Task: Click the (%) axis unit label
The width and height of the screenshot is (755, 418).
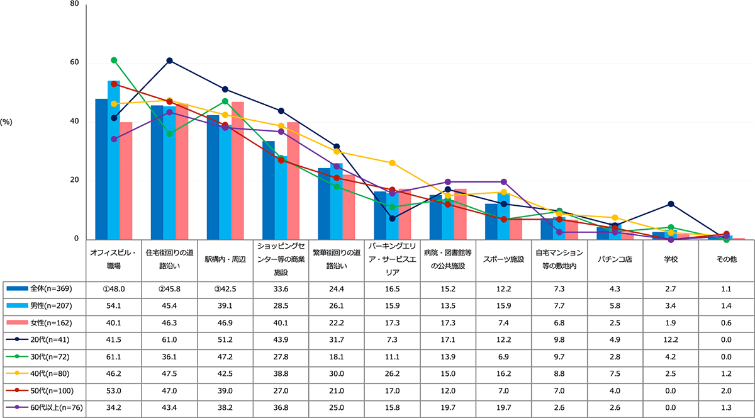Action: tap(7, 122)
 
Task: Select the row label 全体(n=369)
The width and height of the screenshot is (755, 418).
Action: tap(43, 289)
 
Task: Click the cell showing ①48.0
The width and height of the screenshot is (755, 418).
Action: tap(113, 289)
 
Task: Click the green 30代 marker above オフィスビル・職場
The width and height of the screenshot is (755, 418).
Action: tap(114, 60)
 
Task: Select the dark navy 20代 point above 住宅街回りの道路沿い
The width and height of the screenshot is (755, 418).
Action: tap(169, 60)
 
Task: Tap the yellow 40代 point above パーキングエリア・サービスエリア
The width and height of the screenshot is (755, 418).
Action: tap(392, 163)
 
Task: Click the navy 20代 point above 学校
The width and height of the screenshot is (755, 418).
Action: tap(671, 204)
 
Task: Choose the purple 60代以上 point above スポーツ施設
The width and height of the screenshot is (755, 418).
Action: tap(503, 182)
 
